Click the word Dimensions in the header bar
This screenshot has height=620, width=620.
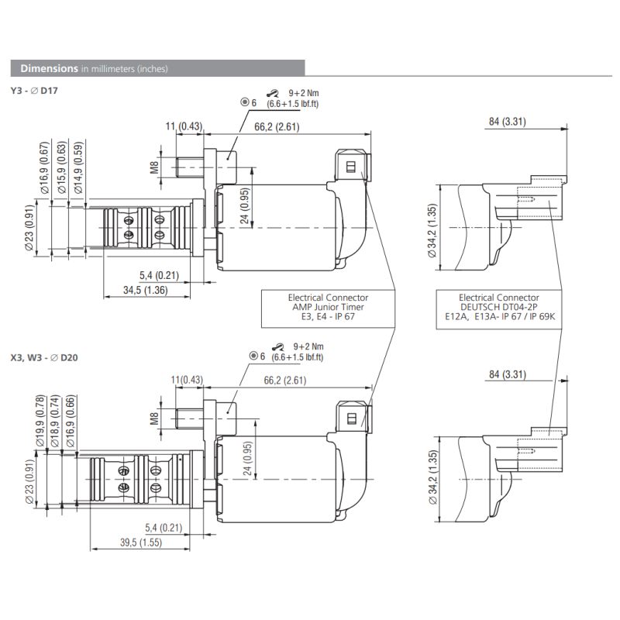[49, 68]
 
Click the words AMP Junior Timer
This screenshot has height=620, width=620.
[328, 307]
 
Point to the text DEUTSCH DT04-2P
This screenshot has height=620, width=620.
[498, 307]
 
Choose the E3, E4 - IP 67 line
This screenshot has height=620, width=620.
[328, 317]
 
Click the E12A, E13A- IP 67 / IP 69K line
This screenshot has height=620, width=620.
[498, 317]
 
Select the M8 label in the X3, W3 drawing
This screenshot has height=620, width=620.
[154, 419]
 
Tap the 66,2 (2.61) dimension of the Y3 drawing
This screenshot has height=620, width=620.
[275, 126]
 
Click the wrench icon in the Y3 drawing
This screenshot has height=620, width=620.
[271, 92]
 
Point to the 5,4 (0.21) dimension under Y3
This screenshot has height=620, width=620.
[160, 275]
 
